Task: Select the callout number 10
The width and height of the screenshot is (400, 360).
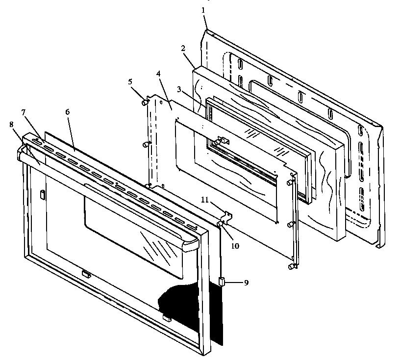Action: click(235, 245)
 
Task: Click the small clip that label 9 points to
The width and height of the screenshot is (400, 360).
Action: click(221, 282)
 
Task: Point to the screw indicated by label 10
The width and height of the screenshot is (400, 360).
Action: click(219, 224)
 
